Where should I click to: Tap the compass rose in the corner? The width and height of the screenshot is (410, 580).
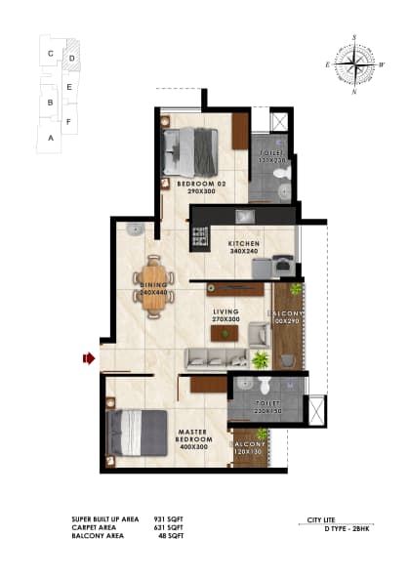(x=355, y=65)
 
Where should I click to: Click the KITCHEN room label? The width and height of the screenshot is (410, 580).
(x=243, y=243)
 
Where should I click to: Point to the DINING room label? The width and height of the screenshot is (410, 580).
(x=154, y=285)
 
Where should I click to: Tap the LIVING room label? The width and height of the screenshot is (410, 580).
(x=226, y=311)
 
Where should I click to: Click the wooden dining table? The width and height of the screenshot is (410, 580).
(x=154, y=286)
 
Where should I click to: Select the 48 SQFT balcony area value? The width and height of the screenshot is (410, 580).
(x=163, y=536)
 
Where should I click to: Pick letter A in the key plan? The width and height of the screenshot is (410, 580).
(x=49, y=139)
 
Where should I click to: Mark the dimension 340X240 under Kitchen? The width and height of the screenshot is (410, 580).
(x=243, y=251)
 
